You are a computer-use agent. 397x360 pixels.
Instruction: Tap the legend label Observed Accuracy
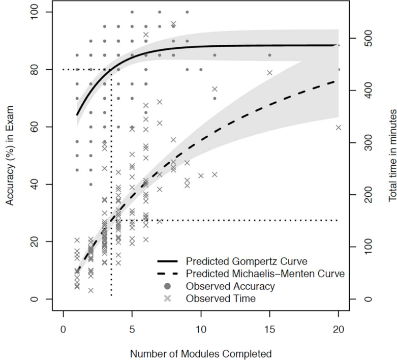pos(230,286)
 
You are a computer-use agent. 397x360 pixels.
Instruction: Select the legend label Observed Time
pos(221,298)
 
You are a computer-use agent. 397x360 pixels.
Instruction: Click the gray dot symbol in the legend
pos(167,286)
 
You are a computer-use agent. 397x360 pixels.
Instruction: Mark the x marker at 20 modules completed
pos(339,127)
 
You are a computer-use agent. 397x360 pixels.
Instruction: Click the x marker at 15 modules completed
pos(270,73)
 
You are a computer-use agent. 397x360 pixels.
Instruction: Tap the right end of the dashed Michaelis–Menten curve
pos(338,81)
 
